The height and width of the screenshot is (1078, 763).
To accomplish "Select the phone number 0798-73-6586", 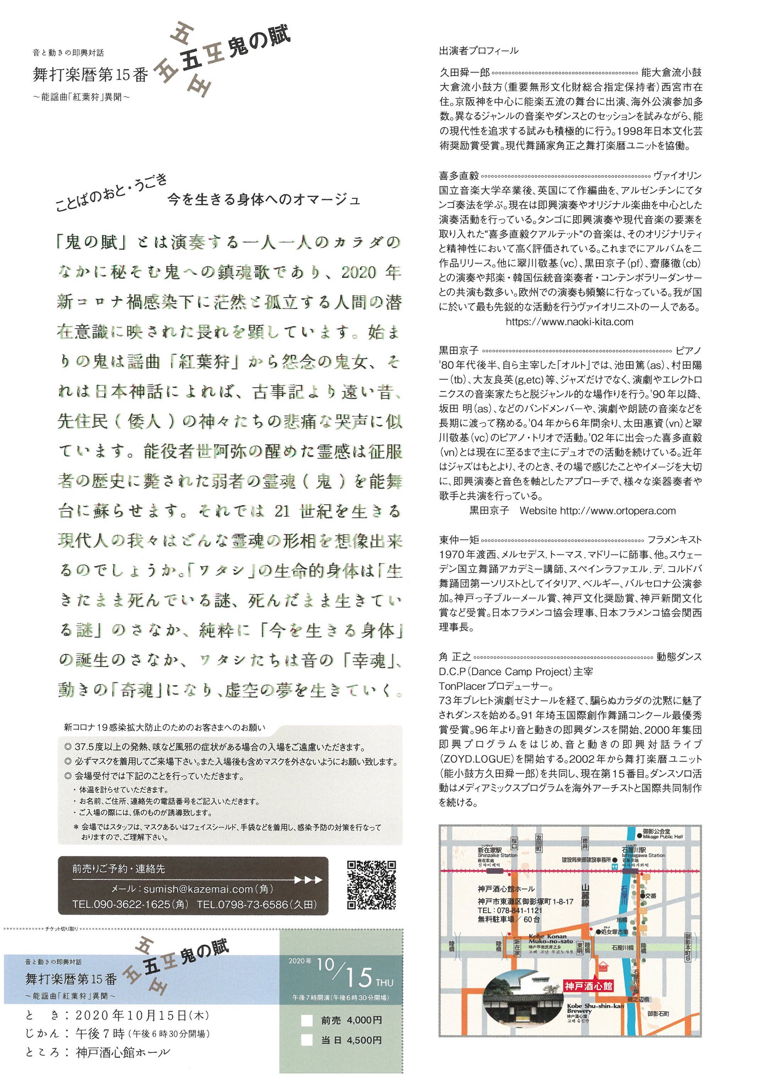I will coord(249,904).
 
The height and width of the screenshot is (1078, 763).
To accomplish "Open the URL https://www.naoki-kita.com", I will coord(569,322).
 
